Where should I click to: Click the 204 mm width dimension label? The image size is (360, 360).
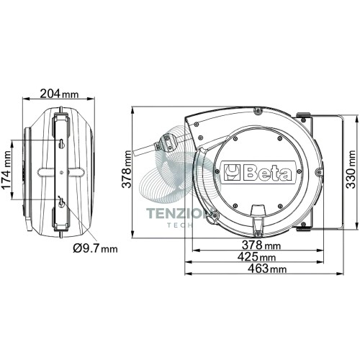tap(59, 94)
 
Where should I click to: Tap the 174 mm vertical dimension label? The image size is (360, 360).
tap(6, 170)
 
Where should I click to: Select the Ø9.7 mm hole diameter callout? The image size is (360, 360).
tap(96, 248)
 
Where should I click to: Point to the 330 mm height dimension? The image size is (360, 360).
tap(351, 169)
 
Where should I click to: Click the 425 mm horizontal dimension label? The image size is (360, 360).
tap(256, 257)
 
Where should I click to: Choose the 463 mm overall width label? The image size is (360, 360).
tap(267, 269)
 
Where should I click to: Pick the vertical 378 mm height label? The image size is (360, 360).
tap(127, 169)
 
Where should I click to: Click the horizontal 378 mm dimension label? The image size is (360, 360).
tap(261, 245)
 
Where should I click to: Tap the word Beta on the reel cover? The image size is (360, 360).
tap(268, 173)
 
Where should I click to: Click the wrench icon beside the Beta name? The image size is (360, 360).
tap(232, 172)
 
